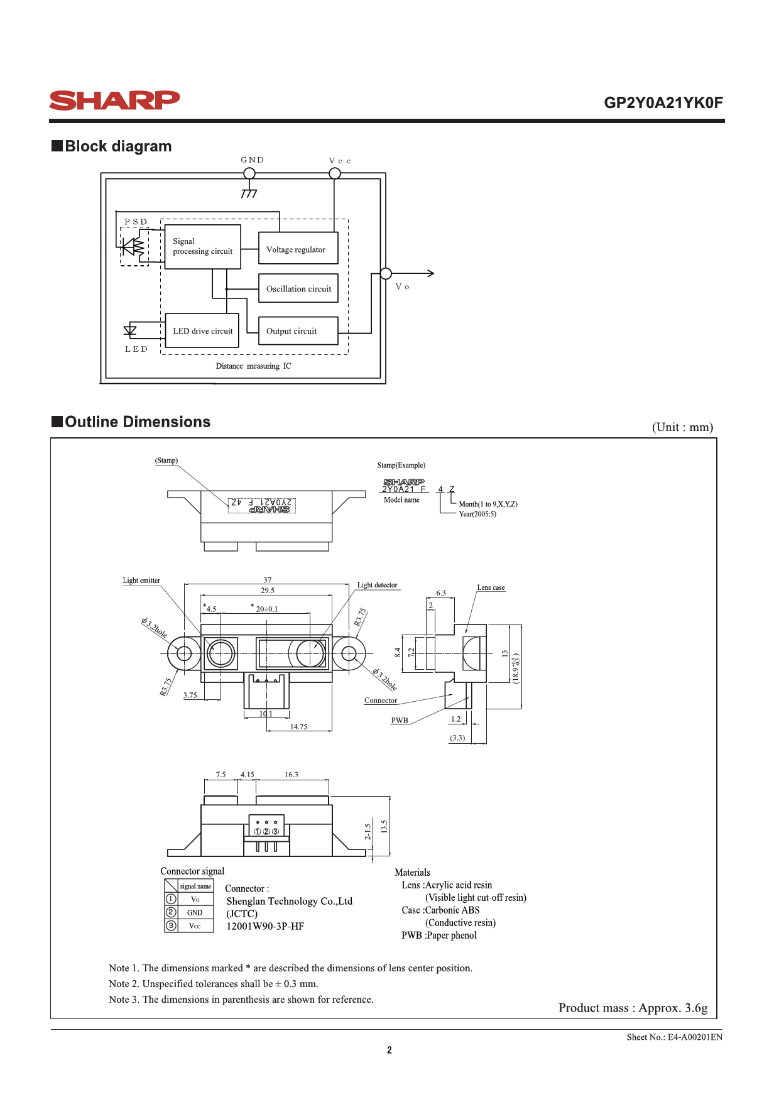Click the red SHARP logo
click(114, 101)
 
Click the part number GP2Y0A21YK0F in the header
click(663, 102)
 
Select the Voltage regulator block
click(298, 248)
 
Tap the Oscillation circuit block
click(298, 288)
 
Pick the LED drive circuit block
click(202, 330)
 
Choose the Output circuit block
click(298, 330)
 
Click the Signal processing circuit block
click(203, 247)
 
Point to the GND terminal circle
click(249, 173)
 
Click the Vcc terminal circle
click(335, 173)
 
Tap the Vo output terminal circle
click(386, 273)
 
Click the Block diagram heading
click(112, 146)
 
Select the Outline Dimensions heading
click(131, 422)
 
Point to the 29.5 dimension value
click(268, 591)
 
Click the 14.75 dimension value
click(299, 727)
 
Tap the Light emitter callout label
click(141, 581)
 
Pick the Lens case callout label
click(491, 587)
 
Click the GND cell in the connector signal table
click(195, 912)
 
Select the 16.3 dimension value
click(291, 775)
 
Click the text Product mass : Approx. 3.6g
click(633, 1008)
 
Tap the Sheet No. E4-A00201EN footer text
click(675, 1037)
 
